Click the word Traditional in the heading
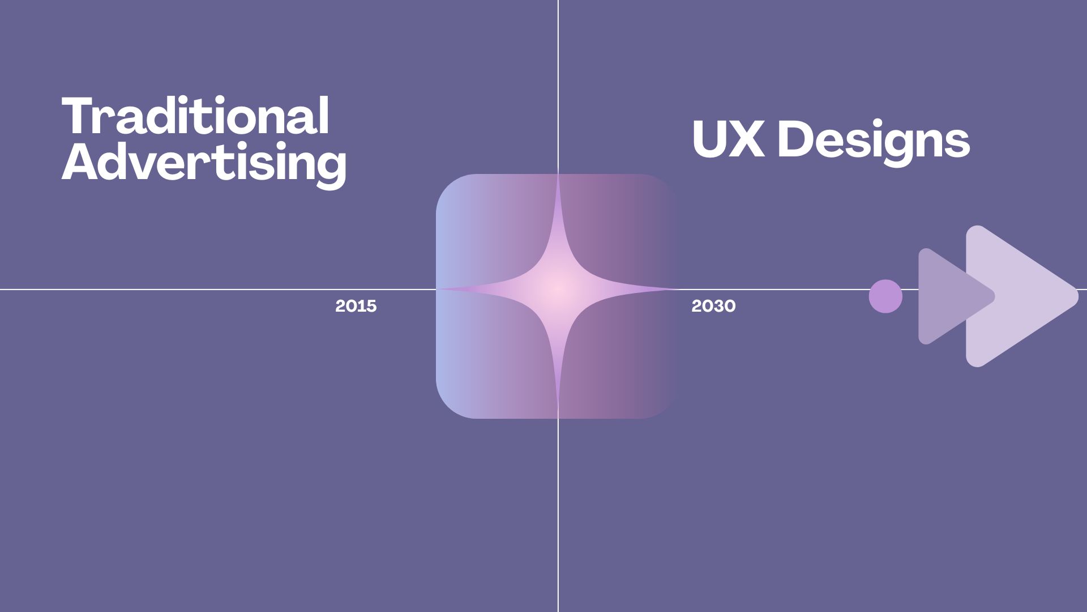point(195,116)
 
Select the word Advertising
point(204,163)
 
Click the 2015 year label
point(356,306)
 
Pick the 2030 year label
point(713,306)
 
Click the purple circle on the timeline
point(885,296)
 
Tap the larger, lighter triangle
point(1013,296)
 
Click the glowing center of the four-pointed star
point(558,289)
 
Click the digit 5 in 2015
point(371,306)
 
